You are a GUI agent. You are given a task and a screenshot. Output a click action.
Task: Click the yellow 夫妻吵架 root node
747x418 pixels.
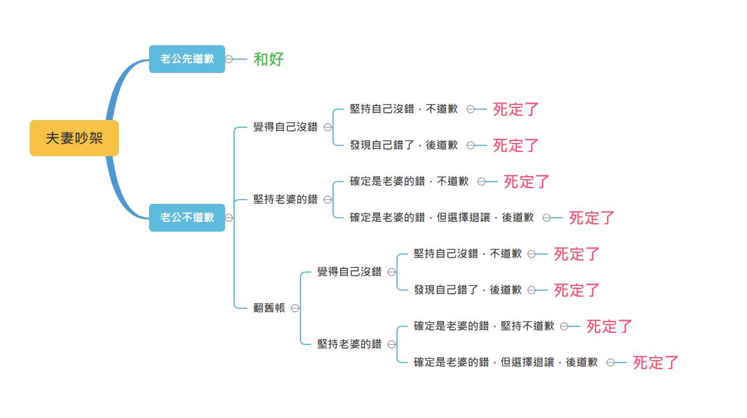(74, 138)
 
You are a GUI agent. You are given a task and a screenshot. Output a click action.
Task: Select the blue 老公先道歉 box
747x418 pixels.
(187, 59)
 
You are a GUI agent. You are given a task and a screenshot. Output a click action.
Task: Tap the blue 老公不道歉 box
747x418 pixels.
(187, 218)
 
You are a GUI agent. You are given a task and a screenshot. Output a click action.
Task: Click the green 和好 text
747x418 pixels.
(268, 59)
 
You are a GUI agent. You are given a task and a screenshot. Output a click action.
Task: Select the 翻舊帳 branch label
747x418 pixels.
(269, 308)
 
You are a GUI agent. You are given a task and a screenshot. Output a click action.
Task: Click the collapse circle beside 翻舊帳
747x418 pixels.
(295, 308)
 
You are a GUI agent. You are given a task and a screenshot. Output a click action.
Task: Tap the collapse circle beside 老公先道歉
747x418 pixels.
(229, 59)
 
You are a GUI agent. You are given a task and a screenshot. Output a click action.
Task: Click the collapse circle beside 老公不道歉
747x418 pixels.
(229, 218)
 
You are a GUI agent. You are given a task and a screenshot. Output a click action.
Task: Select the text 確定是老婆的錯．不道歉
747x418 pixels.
(409, 181)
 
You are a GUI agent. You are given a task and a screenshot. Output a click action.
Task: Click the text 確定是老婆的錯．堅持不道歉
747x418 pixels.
(484, 326)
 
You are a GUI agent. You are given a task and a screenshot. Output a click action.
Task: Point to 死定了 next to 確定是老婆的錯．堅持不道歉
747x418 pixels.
(609, 326)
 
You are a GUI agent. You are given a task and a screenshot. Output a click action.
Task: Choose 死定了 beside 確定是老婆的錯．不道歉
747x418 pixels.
(527, 182)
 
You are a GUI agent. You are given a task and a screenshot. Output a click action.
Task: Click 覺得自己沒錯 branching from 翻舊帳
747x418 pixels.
(349, 271)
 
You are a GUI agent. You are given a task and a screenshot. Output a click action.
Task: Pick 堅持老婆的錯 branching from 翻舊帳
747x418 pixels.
(349, 344)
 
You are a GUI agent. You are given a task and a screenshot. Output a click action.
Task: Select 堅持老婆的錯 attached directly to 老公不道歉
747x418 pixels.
(285, 199)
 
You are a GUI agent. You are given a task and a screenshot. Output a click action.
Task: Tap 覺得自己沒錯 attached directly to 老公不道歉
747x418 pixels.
(285, 127)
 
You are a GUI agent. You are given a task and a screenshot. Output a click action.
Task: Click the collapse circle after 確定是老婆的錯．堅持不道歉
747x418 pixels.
(564, 326)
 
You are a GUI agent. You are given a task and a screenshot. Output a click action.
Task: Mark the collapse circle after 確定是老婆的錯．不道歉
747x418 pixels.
(482, 182)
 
